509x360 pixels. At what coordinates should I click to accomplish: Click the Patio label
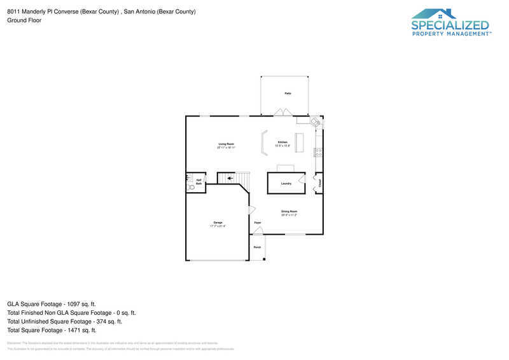pos(288,93)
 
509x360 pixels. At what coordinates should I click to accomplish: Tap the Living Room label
pos(227,144)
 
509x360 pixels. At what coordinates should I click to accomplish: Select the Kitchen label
pos(282,142)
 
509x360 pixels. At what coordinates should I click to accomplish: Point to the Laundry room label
pos(286,184)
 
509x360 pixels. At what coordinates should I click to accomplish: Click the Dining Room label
pos(289,211)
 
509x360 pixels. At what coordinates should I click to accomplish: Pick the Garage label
pos(218,222)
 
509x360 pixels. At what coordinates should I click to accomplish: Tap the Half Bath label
pos(199,182)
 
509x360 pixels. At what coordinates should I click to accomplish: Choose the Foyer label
pos(258,223)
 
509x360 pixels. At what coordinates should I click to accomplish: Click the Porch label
pos(257,247)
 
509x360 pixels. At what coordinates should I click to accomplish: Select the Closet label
pos(319,183)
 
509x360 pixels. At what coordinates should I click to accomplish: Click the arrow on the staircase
pos(230,179)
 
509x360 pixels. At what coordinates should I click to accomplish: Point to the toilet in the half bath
pos(191,188)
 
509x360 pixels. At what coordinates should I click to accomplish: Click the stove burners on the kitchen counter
pos(319,151)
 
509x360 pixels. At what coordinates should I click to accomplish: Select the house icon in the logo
pos(433,14)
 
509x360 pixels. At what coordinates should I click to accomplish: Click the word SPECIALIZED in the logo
pos(450,25)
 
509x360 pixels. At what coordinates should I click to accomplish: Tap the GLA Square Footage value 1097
pos(75,304)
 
